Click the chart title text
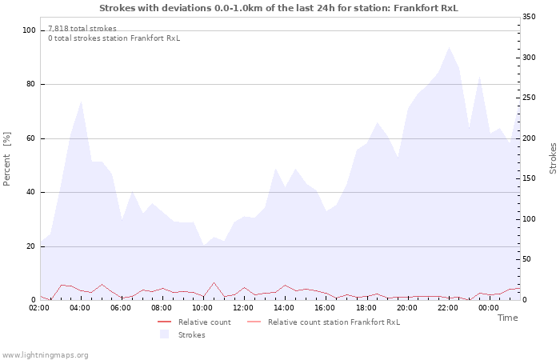pos(279,8)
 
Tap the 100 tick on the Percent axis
pos(30,30)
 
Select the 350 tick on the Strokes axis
pos(529,17)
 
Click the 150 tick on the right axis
pos(529,178)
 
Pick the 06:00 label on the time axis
pos(122,308)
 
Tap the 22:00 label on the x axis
pos(449,308)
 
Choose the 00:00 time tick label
pos(490,308)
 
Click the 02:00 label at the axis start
pos(40,308)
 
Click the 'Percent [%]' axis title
pos(7,159)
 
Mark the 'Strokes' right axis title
pos(553,158)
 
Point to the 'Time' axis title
pos(507,318)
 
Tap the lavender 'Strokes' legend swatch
pos(164,334)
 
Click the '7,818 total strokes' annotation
pos(82,29)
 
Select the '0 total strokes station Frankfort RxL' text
pos(114,38)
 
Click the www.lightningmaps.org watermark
pos(45,354)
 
